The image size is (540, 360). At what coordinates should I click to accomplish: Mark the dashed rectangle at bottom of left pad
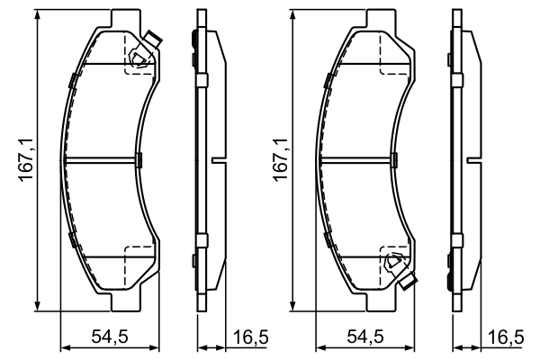[138, 258]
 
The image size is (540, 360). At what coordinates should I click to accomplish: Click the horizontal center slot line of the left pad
[104, 161]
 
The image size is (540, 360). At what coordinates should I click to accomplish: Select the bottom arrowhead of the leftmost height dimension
[37, 302]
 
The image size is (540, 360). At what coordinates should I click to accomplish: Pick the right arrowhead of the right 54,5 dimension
[413, 347]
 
